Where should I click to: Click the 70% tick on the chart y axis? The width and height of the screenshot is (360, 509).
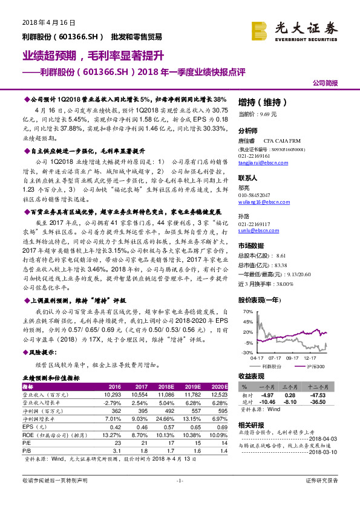(247, 311)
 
